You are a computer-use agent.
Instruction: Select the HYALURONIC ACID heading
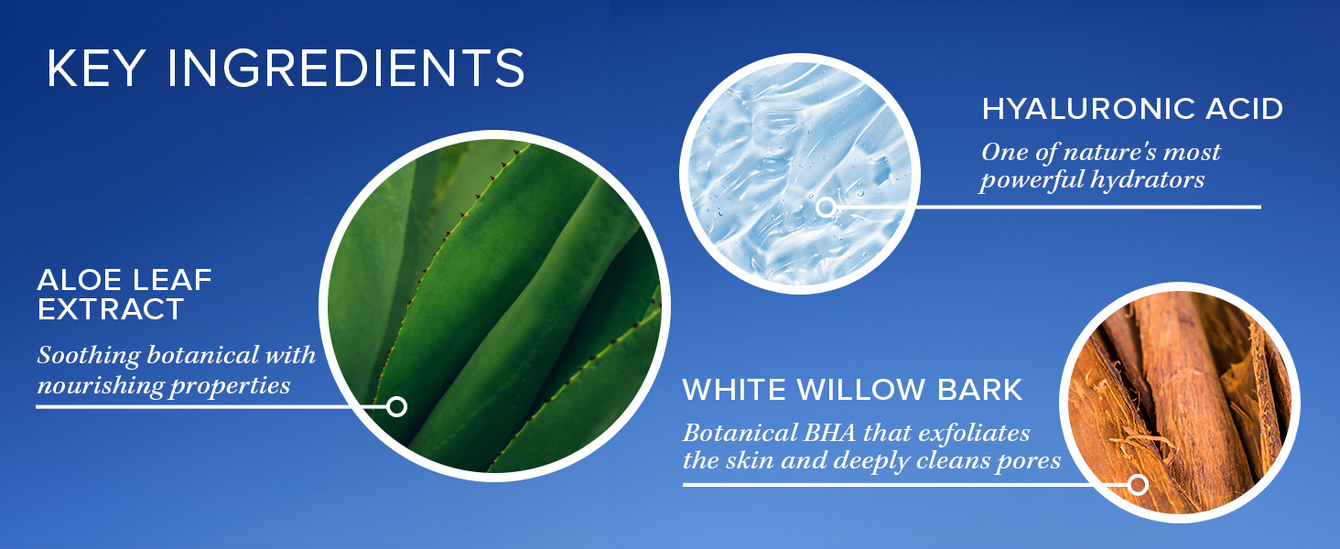coord(1132,109)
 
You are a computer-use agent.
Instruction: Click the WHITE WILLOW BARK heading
coord(852,389)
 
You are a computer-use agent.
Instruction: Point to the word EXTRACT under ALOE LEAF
coord(110,308)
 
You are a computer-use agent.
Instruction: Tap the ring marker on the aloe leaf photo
coord(396,406)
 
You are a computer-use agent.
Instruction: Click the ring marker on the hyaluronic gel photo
coord(826,208)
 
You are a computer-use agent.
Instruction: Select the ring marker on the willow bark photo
coord(1138,484)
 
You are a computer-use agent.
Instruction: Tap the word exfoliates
coord(974,433)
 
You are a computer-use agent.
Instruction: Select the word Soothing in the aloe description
coord(89,356)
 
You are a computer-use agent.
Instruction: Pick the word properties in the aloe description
coord(231,386)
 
